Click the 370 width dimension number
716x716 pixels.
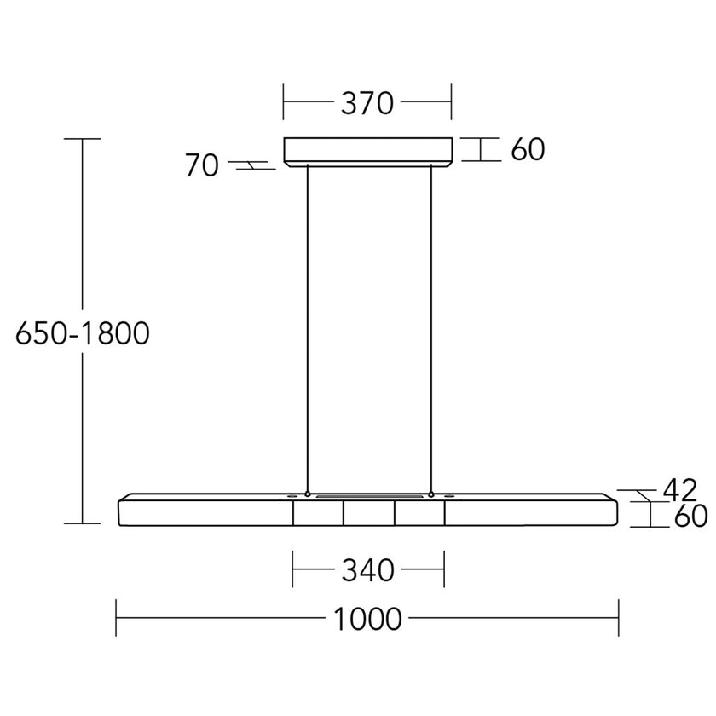[x=367, y=103]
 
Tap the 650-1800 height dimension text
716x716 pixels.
[x=83, y=333]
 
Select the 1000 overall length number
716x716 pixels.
[x=368, y=619]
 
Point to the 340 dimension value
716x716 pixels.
[x=368, y=569]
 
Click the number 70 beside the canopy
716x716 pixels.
[x=202, y=166]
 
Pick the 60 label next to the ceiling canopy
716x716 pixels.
[x=528, y=150]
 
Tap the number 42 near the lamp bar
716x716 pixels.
[x=679, y=490]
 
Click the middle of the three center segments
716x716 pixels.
[x=369, y=513]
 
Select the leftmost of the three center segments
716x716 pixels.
[x=319, y=513]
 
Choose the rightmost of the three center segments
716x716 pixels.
[x=419, y=513]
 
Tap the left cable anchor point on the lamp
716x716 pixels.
[x=307, y=494]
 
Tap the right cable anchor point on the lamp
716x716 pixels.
[x=432, y=494]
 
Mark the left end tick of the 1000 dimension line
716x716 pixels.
[x=116, y=618]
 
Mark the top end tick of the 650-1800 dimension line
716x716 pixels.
[x=83, y=138]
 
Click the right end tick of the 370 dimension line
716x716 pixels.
[x=452, y=102]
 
